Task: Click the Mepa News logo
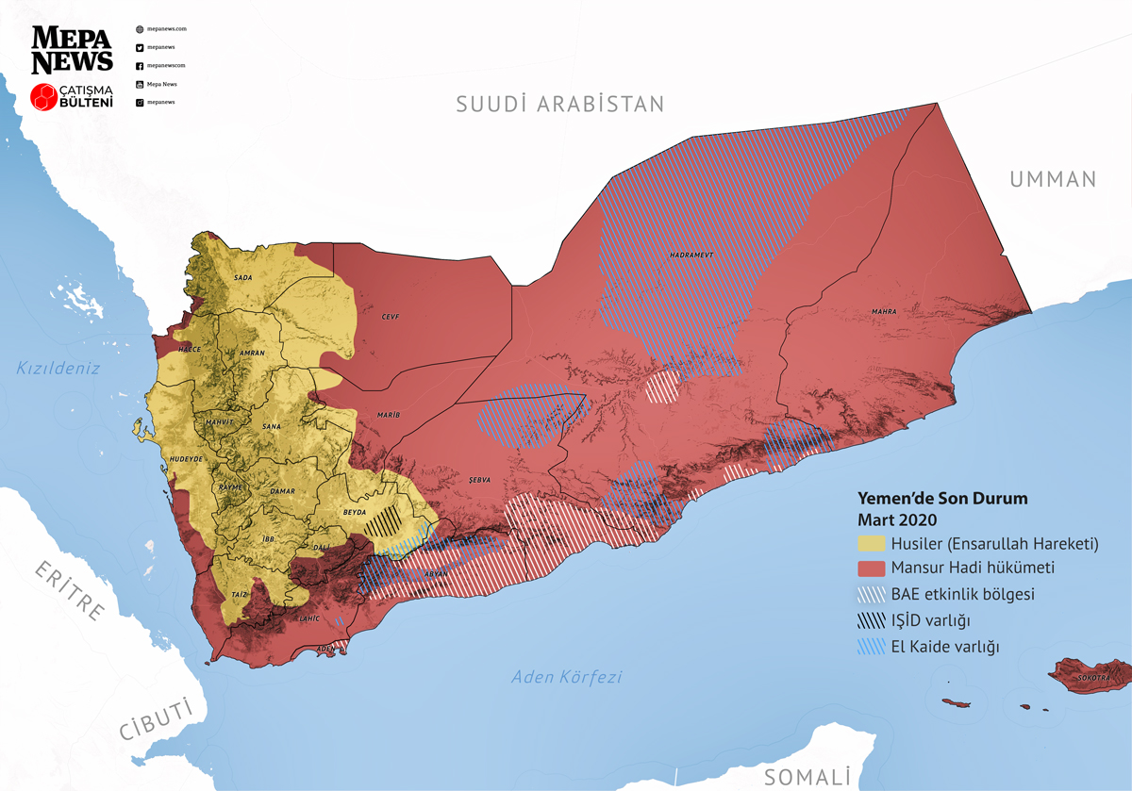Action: [73, 49]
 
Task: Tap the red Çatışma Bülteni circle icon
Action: [43, 96]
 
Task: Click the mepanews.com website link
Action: [167, 29]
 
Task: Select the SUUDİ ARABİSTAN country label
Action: [560, 104]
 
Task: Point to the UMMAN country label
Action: [1053, 179]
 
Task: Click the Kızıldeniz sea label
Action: [58, 368]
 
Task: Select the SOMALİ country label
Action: [807, 776]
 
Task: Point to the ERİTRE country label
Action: [69, 590]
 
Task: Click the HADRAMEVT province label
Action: [690, 255]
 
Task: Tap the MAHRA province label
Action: [884, 310]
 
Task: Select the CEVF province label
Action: [391, 317]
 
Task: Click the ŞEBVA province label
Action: [480, 479]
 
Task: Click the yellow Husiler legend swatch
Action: [872, 543]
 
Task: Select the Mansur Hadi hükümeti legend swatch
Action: [872, 569]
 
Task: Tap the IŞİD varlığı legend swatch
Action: [872, 620]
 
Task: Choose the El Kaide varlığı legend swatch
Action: [872, 647]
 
